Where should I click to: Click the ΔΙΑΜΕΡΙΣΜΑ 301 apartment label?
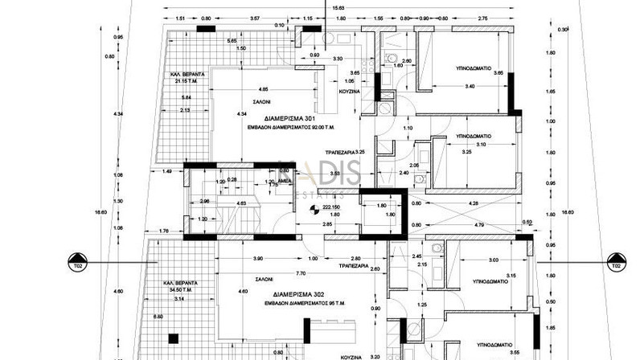(x=260, y=119)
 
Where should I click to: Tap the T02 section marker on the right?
(x=615, y=264)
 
